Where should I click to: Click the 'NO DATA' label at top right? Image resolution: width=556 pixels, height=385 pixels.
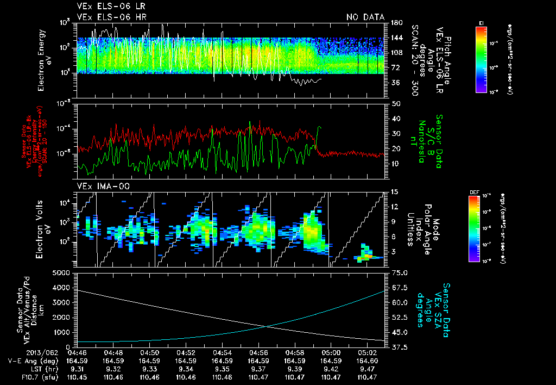coord(365,17)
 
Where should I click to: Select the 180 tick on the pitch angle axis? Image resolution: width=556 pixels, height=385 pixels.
coord(395,23)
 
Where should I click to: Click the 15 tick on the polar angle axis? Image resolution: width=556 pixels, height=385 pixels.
coord(395,191)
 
